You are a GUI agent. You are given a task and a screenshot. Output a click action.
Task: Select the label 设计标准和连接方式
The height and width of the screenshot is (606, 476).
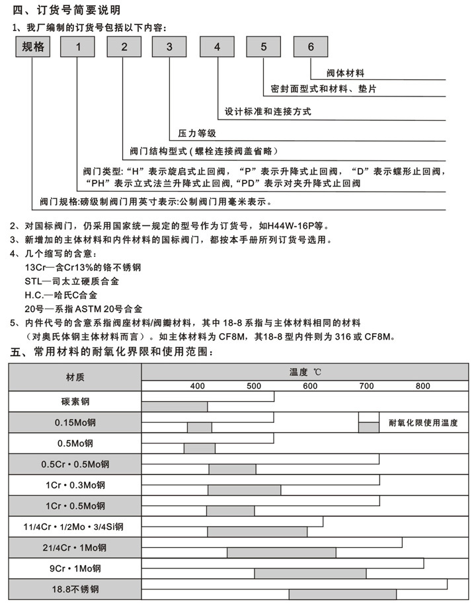268,112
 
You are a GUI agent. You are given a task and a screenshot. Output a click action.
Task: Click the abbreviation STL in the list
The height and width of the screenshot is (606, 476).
32,281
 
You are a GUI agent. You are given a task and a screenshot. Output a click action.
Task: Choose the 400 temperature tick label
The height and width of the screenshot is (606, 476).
197,386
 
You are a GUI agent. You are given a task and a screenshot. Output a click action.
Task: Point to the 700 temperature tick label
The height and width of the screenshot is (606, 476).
366,386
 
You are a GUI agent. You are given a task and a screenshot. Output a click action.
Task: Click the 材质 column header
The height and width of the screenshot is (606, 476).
75,377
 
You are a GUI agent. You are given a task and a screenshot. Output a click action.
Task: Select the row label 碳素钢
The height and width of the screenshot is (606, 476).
75,401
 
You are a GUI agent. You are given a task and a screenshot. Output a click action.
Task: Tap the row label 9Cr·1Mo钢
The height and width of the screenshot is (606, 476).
75,568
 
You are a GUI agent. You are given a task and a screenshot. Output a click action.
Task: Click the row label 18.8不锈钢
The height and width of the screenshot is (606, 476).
75,589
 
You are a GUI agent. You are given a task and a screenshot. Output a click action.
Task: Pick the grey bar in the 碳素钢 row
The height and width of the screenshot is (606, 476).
175,406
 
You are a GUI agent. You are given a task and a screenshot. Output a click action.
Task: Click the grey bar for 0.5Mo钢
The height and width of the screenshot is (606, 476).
199,449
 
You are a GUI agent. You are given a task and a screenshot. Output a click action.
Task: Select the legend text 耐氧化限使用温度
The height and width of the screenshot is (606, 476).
424,422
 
